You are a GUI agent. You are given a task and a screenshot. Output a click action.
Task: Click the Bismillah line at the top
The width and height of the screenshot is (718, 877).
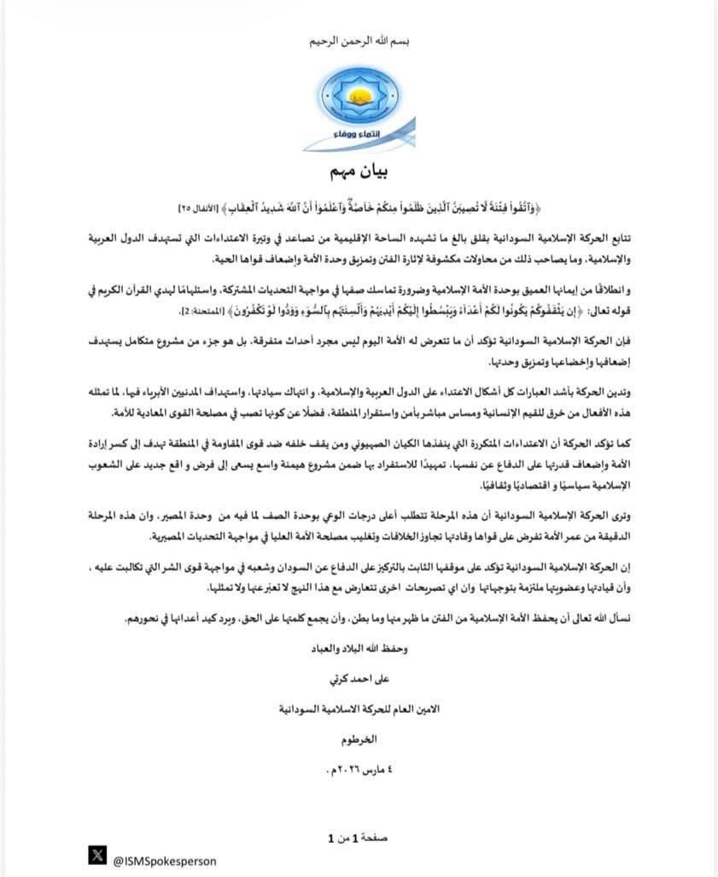pos(358,40)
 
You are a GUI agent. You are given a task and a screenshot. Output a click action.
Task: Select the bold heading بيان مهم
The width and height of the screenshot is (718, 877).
pos(358,172)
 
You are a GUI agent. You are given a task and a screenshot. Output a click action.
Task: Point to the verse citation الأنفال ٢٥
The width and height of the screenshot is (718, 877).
pos(197,209)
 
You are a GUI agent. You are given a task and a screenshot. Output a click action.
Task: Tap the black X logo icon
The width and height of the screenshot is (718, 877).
pos(98,856)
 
